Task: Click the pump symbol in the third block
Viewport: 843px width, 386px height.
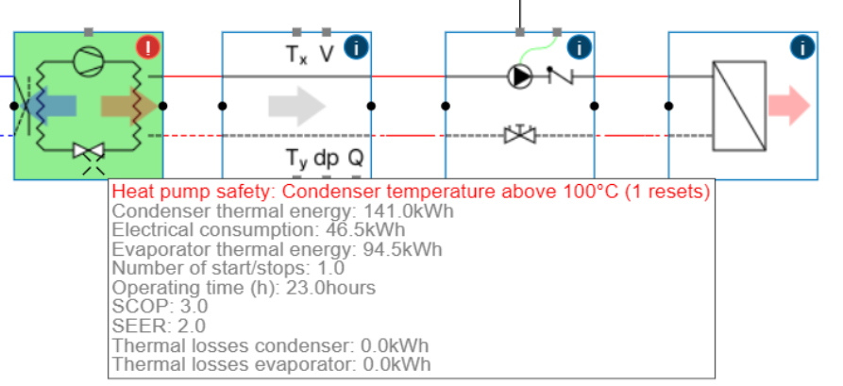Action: (520, 76)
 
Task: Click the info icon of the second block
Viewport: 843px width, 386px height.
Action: (355, 46)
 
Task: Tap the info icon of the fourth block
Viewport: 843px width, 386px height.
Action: (801, 46)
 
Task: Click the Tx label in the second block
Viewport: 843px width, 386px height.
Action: (295, 55)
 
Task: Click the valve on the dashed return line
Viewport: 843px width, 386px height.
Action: (519, 135)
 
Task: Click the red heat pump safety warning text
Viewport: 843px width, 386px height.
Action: (411, 192)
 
